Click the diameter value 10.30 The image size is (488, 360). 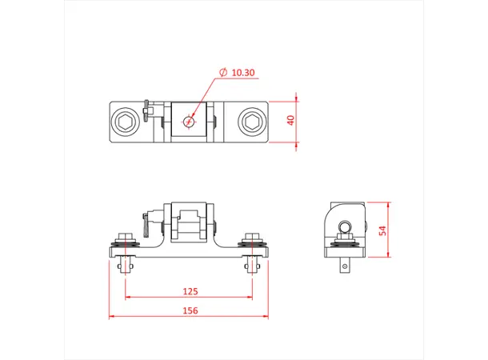coord(243,73)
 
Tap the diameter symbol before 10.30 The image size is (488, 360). coord(223,73)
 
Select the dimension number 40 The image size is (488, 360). coord(291,120)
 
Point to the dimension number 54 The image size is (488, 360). coord(382,230)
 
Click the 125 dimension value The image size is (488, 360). coord(190,292)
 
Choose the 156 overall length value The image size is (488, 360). coord(190,310)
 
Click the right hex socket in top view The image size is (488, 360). coord(251,122)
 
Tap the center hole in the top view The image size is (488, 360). coord(189,122)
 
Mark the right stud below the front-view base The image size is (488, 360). coord(252,265)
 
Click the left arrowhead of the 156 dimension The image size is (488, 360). coord(112,317)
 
